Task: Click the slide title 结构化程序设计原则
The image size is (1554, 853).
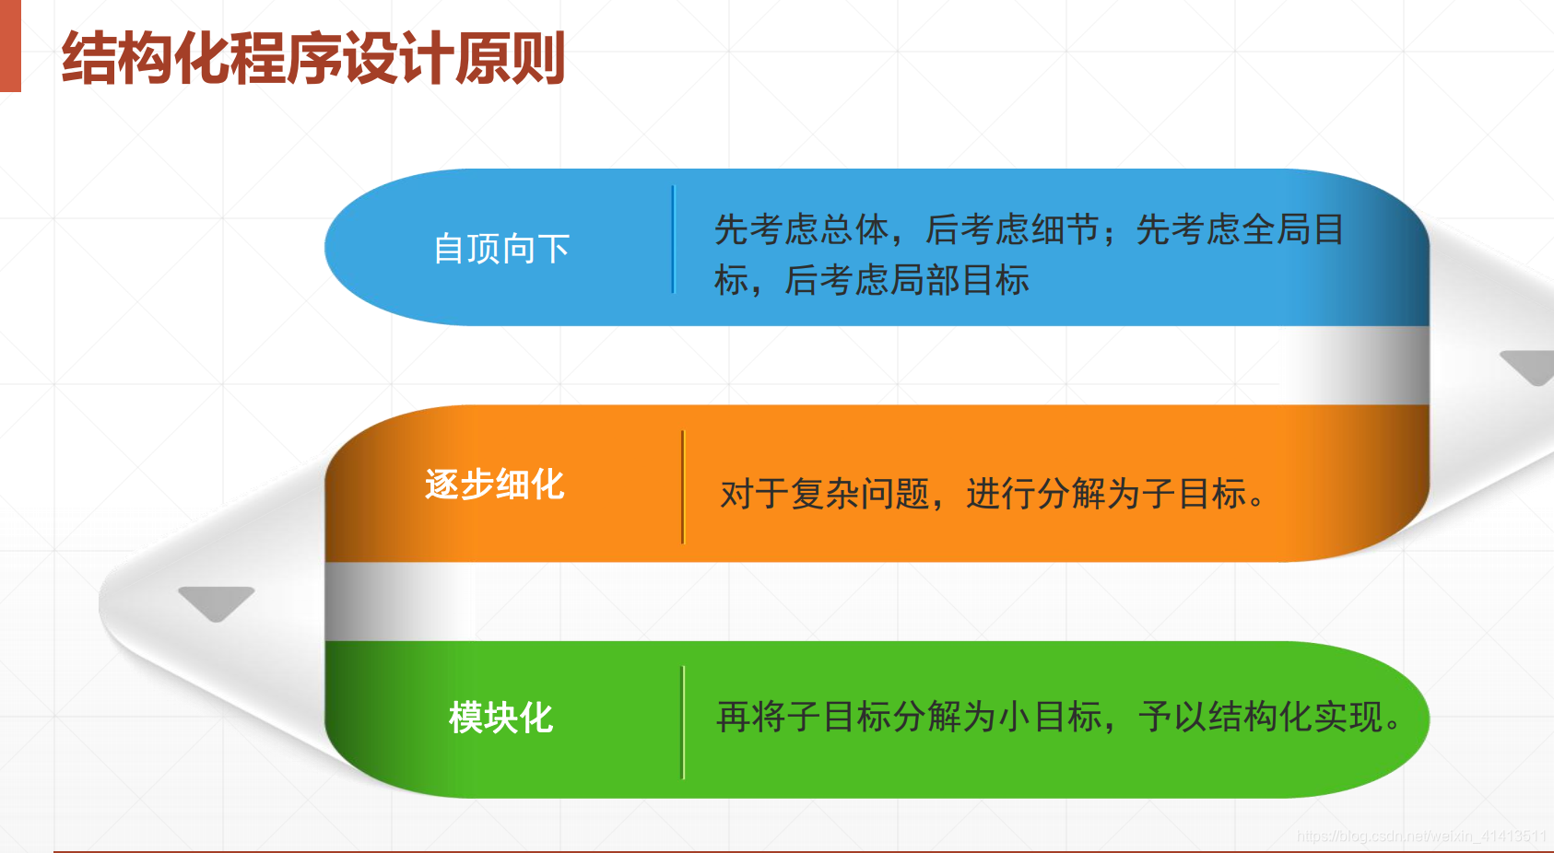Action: click(x=312, y=59)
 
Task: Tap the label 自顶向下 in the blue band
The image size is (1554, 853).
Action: click(x=501, y=249)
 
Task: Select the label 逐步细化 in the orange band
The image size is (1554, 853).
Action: click(x=494, y=485)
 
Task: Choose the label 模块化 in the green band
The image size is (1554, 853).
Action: click(x=500, y=718)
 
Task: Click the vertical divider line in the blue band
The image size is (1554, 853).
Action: click(x=673, y=240)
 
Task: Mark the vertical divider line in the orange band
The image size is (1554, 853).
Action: click(x=683, y=486)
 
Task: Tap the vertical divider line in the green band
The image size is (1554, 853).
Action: click(x=683, y=722)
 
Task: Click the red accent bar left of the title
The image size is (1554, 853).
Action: click(x=10, y=46)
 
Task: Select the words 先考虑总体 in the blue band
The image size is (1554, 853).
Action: click(x=801, y=229)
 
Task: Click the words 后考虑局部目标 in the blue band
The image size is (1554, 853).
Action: click(x=907, y=280)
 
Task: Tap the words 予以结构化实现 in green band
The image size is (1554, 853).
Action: click(x=1261, y=717)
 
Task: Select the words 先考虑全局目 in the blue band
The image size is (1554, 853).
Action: click(x=1240, y=229)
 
